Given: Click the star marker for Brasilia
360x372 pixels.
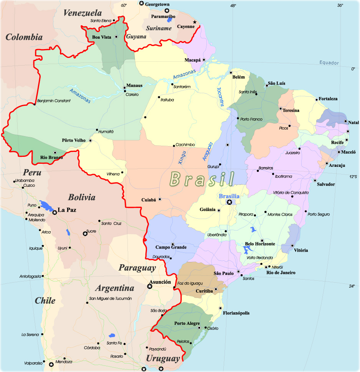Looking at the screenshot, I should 230,202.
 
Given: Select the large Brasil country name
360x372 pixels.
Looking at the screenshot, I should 202,179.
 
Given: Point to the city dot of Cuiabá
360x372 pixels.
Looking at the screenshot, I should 160,199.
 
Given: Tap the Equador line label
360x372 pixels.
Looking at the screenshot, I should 329,63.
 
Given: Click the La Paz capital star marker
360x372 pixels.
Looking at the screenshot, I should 55,212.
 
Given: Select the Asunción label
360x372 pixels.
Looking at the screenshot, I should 159,282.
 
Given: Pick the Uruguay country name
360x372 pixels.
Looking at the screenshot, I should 163,359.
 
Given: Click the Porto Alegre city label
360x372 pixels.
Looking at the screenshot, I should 187,323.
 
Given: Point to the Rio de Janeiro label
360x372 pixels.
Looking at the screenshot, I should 281,273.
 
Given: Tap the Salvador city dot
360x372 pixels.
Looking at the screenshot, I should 315,180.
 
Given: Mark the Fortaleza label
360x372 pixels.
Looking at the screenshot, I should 327,99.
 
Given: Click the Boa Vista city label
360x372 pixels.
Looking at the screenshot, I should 101,37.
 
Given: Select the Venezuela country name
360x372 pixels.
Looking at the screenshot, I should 83,13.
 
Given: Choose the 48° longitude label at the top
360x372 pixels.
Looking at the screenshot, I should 233,6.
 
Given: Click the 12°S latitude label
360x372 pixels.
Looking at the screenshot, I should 353,177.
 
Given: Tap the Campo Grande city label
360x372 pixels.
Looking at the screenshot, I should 171,247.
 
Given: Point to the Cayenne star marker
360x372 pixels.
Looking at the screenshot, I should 195,22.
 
